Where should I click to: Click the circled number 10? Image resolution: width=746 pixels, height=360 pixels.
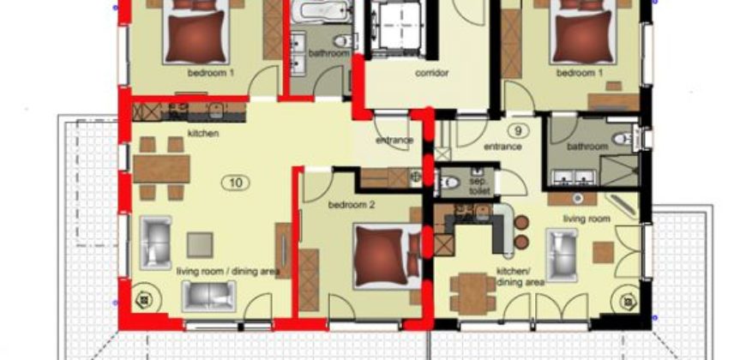[236, 183]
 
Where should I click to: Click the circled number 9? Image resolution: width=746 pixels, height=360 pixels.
[518, 129]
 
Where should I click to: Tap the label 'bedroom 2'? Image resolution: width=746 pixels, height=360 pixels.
[352, 205]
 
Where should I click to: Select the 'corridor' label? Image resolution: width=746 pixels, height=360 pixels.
[432, 73]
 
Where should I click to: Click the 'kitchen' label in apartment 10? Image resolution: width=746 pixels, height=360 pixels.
[202, 133]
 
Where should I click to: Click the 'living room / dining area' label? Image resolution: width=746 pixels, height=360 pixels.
[227, 272]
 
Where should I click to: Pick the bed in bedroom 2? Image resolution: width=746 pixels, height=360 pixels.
[387, 257]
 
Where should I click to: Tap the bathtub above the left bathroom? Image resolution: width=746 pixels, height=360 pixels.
[322, 11]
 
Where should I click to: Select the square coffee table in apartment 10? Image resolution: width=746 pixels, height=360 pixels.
[200, 245]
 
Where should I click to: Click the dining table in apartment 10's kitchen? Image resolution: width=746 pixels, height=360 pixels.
[161, 169]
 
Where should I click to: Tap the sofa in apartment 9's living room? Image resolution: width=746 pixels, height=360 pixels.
[562, 255]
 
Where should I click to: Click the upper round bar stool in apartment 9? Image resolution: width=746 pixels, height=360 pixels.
[521, 223]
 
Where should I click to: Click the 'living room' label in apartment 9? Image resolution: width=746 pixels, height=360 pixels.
[587, 219]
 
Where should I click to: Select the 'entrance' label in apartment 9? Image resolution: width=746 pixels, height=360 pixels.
[502, 147]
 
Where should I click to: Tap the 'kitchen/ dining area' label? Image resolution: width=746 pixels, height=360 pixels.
[520, 277]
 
